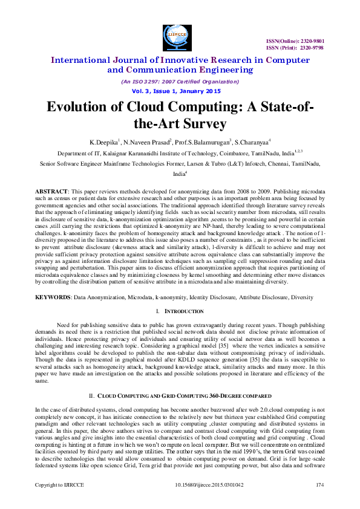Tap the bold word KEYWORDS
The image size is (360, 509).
53,298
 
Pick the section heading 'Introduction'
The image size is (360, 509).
185,311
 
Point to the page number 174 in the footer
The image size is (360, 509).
320,502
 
